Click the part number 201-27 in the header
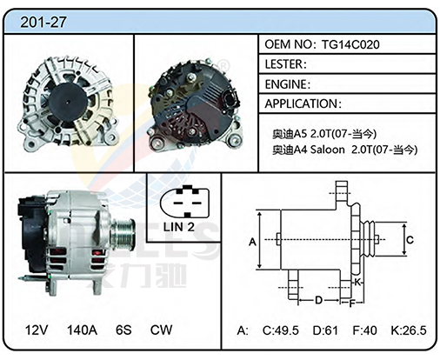tap(43, 22)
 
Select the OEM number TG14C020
tap(350, 44)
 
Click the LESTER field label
tap(285, 64)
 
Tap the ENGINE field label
tap(287, 84)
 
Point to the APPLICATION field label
tap(303, 103)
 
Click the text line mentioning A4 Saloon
tap(344, 150)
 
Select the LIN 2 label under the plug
tap(178, 227)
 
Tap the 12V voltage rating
tap(37, 330)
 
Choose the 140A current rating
tap(82, 330)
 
